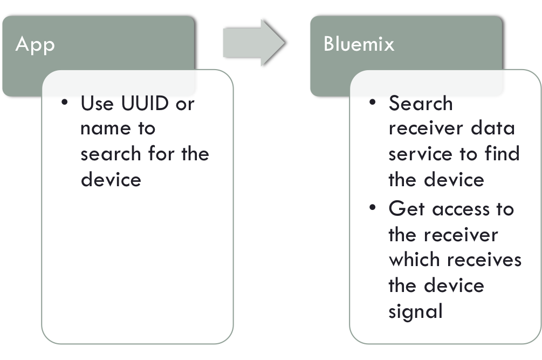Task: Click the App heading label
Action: [x=36, y=44]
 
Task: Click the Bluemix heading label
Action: [x=359, y=44]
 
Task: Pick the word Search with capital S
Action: [x=421, y=103]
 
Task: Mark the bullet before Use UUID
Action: [x=65, y=102]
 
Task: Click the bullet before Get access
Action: [x=373, y=208]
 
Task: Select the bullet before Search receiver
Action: [x=373, y=102]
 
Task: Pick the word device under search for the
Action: [x=111, y=179]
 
